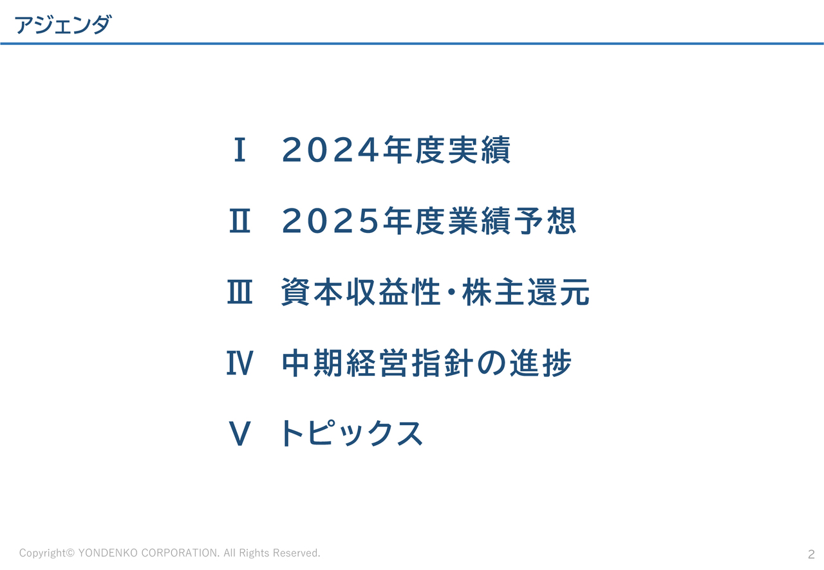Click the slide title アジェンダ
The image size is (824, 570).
click(x=62, y=25)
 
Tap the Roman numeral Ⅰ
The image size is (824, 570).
click(x=239, y=151)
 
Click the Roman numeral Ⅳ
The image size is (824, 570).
click(x=239, y=364)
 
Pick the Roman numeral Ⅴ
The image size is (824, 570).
click(x=239, y=434)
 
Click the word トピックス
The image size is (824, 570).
click(x=352, y=434)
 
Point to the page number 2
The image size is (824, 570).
click(x=811, y=554)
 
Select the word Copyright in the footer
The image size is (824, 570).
click(x=42, y=553)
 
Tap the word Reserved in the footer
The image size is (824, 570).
click(x=297, y=553)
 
